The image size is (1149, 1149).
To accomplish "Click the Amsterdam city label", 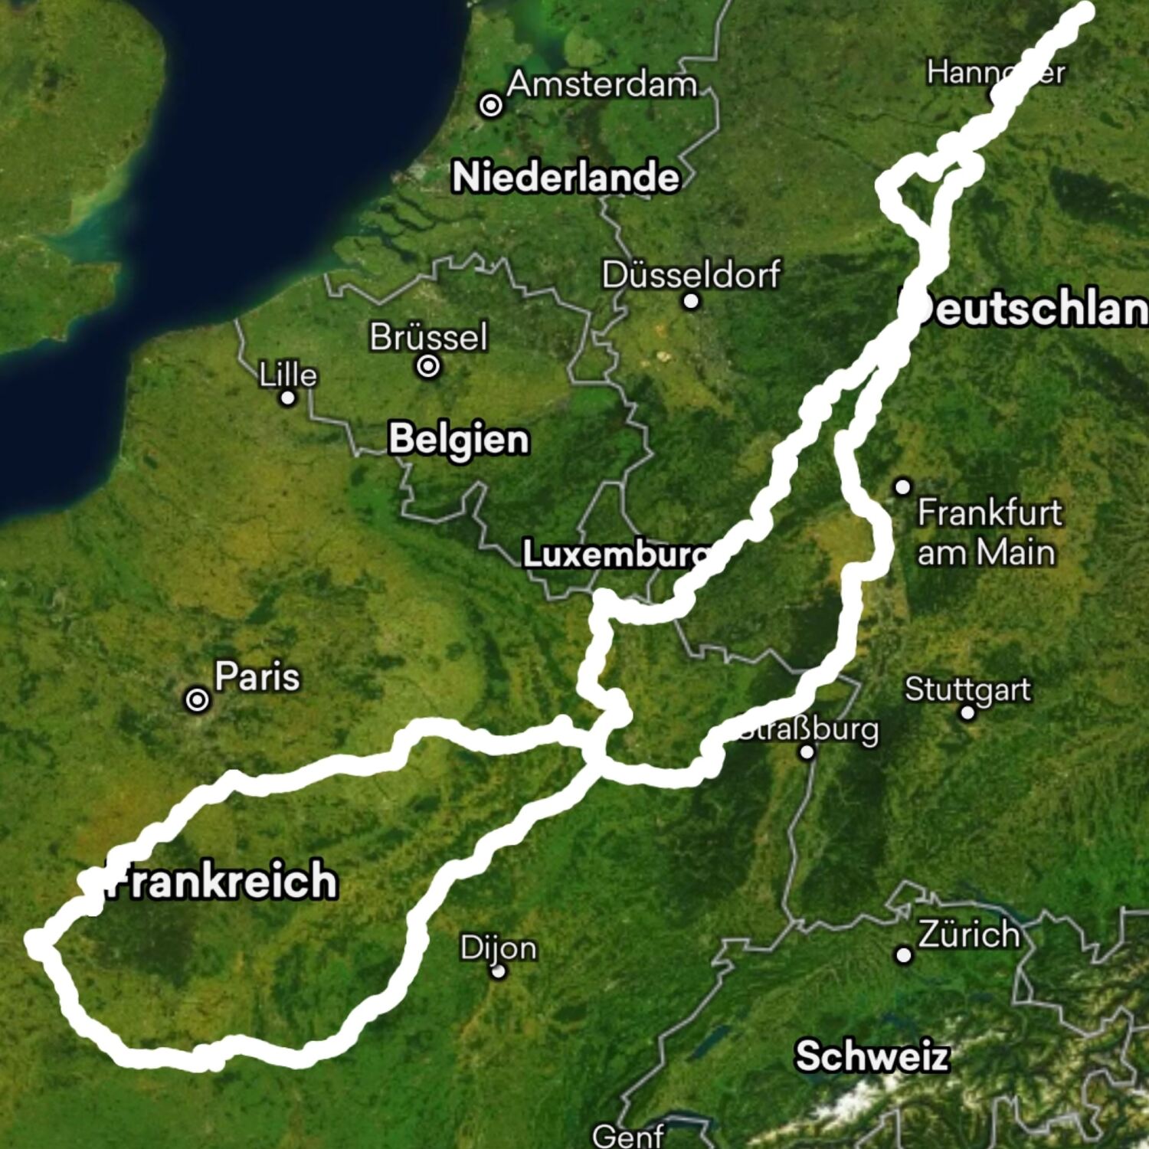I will click(x=602, y=83).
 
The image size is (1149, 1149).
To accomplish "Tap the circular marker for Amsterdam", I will click(x=491, y=104).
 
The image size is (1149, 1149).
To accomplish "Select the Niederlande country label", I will click(x=565, y=177).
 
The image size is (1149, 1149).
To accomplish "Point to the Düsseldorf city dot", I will click(x=691, y=301).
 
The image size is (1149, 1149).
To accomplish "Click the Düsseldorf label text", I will click(x=691, y=274).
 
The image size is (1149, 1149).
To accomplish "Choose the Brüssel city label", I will click(x=428, y=336).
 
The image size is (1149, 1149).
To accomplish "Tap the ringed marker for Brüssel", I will click(x=428, y=366).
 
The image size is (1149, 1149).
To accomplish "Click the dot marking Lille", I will click(x=288, y=398).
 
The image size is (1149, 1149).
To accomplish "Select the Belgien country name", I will click(x=458, y=439).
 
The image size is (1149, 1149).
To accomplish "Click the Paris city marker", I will click(x=198, y=699).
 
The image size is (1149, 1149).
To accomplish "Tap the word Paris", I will click(x=257, y=676).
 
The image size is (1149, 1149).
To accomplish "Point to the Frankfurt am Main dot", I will click(x=903, y=486).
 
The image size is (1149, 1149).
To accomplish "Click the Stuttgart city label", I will click(x=967, y=689).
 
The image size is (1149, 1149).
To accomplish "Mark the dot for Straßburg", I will click(x=807, y=751).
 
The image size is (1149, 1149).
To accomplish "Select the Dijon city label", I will click(x=499, y=948).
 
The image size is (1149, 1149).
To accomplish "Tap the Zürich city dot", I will click(x=904, y=954).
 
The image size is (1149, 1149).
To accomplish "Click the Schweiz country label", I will click(x=872, y=1056).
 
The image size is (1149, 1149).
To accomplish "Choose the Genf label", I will click(x=628, y=1134).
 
